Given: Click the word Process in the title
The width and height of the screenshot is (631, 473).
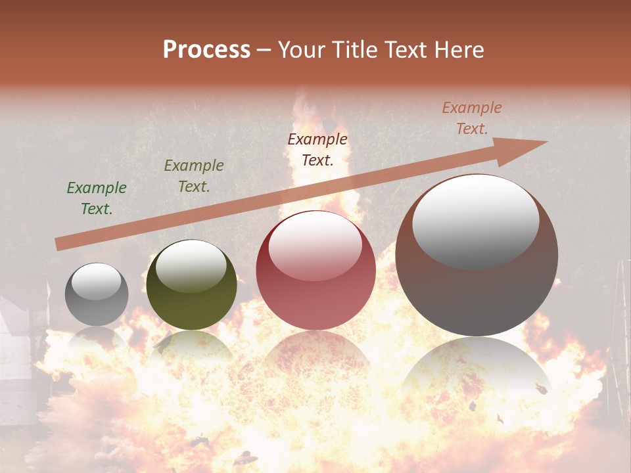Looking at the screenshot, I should tap(206, 50).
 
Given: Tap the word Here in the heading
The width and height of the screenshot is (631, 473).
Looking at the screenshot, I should tap(457, 50).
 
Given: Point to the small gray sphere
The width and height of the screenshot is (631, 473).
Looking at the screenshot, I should tap(97, 294).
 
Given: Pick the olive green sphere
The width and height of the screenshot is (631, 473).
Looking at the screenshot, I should tap(191, 285).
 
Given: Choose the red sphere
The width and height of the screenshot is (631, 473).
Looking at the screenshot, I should tap(315, 271).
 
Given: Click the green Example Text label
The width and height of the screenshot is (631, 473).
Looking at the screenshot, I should tap(97, 198).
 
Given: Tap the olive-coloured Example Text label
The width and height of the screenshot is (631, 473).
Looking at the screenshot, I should tap(194, 176).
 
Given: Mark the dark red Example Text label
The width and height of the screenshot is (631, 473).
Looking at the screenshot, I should tap(317, 149).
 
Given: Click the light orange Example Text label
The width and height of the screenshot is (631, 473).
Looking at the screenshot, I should tap(472, 118).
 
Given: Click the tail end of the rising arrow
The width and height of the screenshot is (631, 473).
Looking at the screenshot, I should tap(60, 244).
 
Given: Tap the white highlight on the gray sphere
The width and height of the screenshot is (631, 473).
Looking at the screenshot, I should tap(96, 281).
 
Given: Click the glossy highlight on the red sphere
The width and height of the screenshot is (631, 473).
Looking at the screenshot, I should tap(315, 246).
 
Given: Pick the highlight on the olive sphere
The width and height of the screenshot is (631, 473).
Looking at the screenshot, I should tap(191, 265).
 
